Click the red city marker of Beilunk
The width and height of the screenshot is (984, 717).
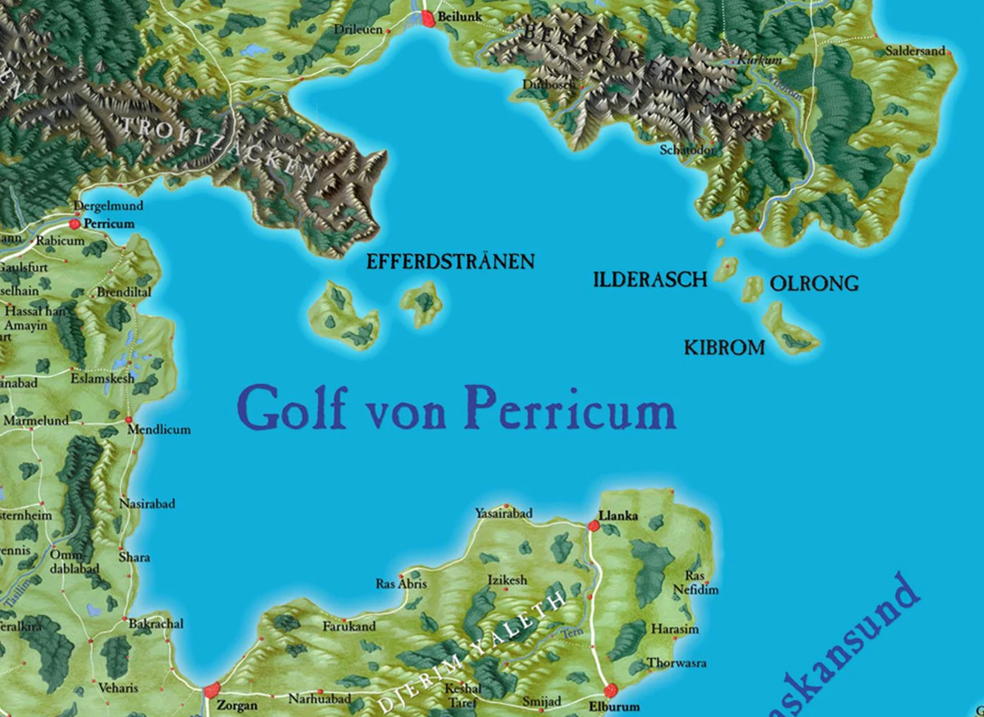(428, 19)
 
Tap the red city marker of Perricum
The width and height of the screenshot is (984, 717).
(75, 223)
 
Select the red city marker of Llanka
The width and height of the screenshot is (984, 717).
(594, 525)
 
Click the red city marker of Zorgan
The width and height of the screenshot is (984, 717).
(212, 690)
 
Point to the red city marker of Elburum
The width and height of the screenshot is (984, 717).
(611, 690)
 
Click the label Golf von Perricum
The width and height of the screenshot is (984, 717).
(456, 407)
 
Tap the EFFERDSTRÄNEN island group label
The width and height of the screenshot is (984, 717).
(450, 262)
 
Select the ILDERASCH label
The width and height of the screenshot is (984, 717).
(649, 280)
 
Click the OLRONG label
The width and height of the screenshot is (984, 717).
(814, 284)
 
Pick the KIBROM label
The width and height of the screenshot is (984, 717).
(724, 348)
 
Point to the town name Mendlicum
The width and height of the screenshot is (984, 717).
(163, 429)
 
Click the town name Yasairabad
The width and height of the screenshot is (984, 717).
(503, 514)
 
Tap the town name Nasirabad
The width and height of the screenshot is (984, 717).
(147, 504)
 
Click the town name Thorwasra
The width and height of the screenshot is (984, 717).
(676, 663)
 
